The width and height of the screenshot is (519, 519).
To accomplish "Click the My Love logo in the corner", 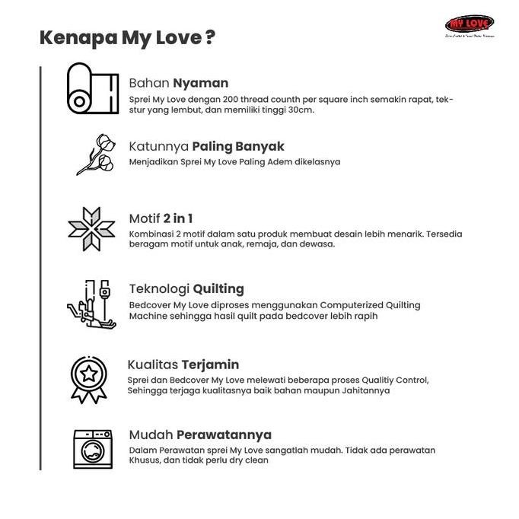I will pyautogui.click(x=469, y=25).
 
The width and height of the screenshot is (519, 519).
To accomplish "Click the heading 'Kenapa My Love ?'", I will pyautogui.click(x=126, y=38).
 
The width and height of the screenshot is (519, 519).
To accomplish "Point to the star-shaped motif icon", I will pyautogui.click(x=91, y=228).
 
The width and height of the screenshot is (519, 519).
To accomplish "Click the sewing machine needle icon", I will pyautogui.click(x=93, y=302).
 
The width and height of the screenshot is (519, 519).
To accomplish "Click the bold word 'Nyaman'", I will pyautogui.click(x=200, y=83).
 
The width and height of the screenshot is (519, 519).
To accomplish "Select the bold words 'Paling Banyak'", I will pyautogui.click(x=237, y=146).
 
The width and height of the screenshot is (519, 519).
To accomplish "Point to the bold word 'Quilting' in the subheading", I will pyautogui.click(x=218, y=289).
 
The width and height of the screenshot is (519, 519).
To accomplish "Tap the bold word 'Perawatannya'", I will pyautogui.click(x=224, y=435).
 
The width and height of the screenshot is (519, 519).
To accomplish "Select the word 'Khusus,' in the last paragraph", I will pyautogui.click(x=146, y=460).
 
